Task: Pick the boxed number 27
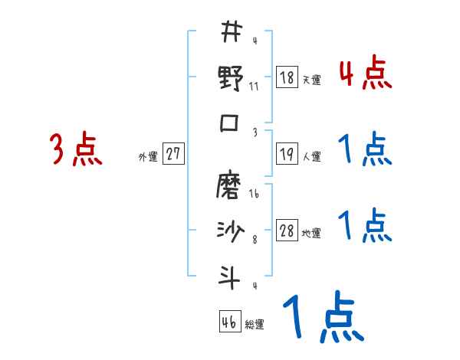(173, 153)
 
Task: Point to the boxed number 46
(228, 322)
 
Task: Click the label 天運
(311, 80)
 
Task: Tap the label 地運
(311, 232)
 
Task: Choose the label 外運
(147, 156)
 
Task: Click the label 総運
(255, 325)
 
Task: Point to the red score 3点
(75, 149)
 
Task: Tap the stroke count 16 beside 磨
(254, 195)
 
